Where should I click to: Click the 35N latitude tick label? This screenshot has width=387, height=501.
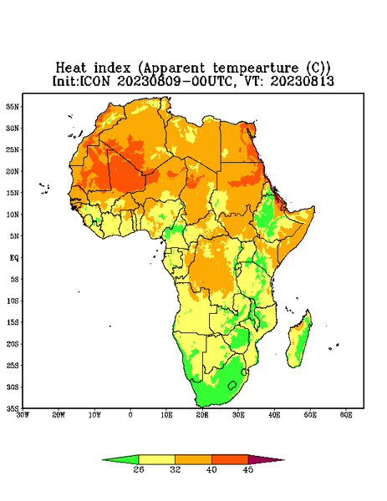pyautogui.click(x=13, y=106)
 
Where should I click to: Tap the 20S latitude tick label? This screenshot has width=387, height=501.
pyautogui.click(x=13, y=344)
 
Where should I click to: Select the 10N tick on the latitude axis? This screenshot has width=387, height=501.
pyautogui.click(x=13, y=215)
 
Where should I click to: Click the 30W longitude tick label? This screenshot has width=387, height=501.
pyautogui.click(x=23, y=415)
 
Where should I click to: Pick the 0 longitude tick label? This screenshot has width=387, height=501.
pyautogui.click(x=130, y=415)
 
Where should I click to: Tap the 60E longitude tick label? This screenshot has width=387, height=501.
pyautogui.click(x=346, y=415)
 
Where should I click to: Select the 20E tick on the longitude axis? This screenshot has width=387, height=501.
pyautogui.click(x=202, y=415)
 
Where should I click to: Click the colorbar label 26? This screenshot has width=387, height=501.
pyautogui.click(x=139, y=469)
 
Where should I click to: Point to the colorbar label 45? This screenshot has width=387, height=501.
pyautogui.click(x=248, y=469)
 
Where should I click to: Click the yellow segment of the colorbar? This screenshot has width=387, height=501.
pyautogui.click(x=156, y=459)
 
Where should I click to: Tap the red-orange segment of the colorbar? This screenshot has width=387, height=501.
pyautogui.click(x=230, y=459)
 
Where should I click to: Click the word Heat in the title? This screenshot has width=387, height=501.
pyautogui.click(x=71, y=68)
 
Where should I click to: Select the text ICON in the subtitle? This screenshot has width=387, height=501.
pyautogui.click(x=94, y=81)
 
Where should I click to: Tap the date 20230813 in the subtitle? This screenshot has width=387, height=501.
pyautogui.click(x=303, y=81)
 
